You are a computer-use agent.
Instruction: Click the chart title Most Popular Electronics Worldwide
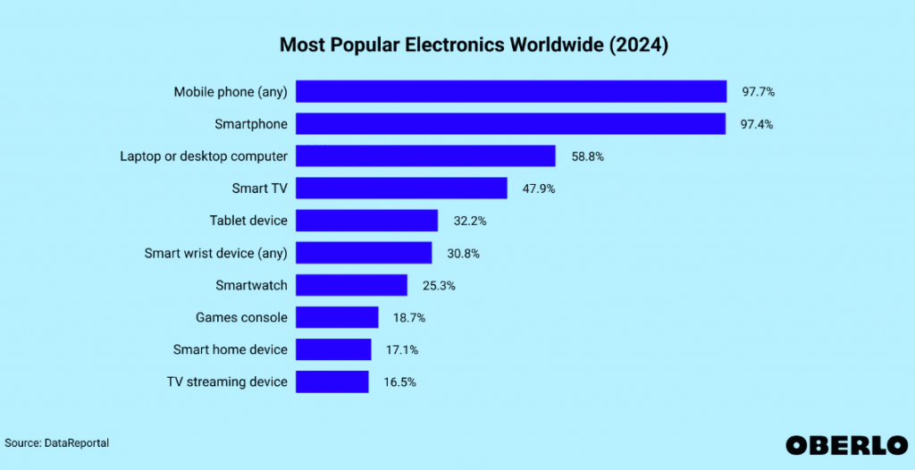pos(473,45)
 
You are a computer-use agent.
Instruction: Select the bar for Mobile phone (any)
pos(510,92)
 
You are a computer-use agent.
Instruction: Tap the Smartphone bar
pos(510,124)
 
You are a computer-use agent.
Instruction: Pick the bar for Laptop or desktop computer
pos(425,156)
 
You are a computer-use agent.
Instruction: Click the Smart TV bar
pos(401,189)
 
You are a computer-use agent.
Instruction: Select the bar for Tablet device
pos(366,221)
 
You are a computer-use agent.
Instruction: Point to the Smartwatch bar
pos(351,285)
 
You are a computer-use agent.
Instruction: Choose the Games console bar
pos(337,317)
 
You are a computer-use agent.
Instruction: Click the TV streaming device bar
pos(332,382)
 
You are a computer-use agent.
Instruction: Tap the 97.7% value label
pos(757,92)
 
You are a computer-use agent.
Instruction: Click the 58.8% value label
pos(587,156)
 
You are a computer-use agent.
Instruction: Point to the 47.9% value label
pos(539,189)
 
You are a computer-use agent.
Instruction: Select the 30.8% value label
pos(463,253)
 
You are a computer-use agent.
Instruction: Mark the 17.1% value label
pos(401,349)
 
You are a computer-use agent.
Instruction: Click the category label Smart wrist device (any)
pos(215,253)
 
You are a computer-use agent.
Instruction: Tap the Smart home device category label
pos(230,349)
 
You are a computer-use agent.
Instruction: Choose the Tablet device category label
pos(248,221)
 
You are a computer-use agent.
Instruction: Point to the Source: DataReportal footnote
pos(57,442)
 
